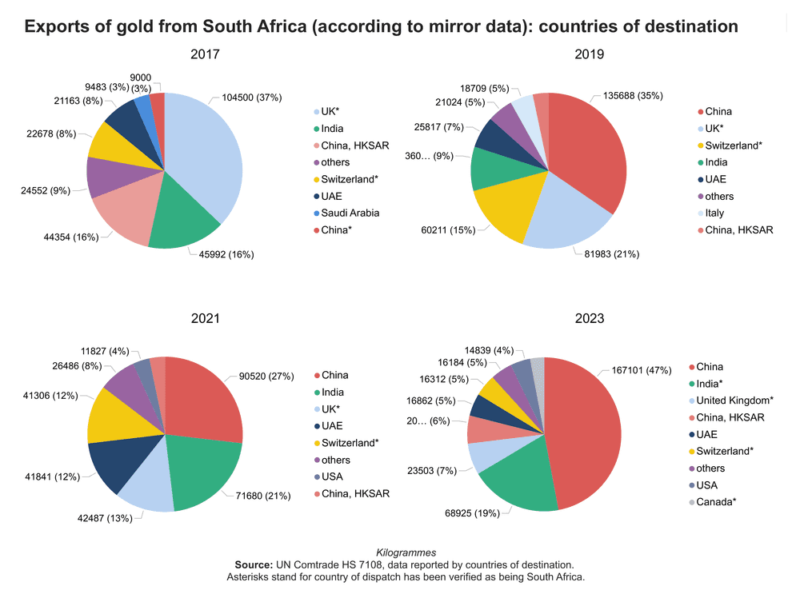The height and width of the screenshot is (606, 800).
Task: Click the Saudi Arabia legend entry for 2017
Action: [x=349, y=213]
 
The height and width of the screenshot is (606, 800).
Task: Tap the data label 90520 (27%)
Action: [x=266, y=376]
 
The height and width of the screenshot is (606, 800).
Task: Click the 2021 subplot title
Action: [x=206, y=318]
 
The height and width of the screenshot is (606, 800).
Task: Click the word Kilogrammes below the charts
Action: [x=406, y=552]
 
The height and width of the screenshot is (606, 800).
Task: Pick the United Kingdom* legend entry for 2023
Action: [x=734, y=401]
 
